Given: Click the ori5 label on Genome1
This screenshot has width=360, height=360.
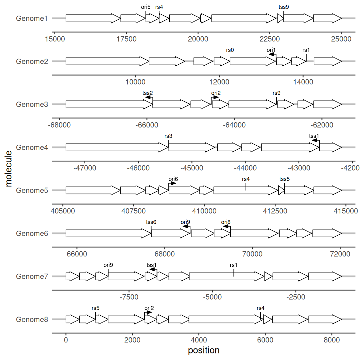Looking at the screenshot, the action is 146,7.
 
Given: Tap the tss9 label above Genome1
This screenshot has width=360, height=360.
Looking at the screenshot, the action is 283,7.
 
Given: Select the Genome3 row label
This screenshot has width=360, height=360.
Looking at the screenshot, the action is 32,104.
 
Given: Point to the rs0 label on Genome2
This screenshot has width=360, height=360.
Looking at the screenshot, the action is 230,50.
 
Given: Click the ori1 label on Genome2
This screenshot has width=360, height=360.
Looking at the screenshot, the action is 271,50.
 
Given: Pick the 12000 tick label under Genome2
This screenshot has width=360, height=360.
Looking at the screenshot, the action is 219,82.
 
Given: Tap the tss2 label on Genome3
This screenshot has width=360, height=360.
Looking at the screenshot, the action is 147,93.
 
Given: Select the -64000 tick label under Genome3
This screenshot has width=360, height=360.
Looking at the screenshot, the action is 234,125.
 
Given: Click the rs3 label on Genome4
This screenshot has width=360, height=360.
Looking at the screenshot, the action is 168,136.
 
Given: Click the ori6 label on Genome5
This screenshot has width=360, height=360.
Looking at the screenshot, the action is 173,179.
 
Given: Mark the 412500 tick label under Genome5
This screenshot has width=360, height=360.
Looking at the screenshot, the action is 275,211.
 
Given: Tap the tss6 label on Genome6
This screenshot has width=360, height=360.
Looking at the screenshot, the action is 151,222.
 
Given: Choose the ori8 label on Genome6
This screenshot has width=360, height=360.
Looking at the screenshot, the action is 226,222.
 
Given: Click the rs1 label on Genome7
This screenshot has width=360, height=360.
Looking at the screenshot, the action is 233,265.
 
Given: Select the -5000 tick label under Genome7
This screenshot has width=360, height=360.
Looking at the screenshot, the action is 212,297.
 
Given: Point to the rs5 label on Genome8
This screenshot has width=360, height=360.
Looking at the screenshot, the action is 96,308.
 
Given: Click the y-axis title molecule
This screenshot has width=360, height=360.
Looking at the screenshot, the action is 8,169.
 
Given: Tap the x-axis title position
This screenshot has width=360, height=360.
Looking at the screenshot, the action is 204,350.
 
